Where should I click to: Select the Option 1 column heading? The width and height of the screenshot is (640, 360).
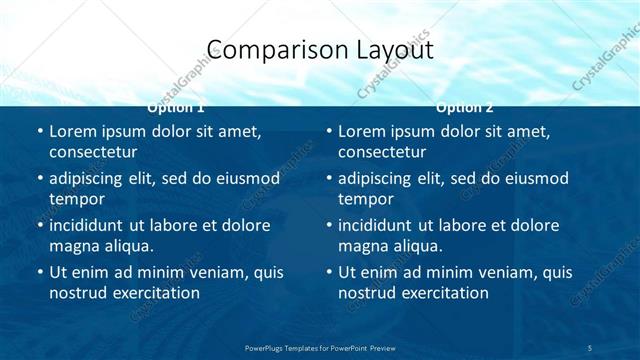[x=176, y=106]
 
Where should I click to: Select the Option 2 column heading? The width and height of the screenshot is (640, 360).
[x=465, y=106]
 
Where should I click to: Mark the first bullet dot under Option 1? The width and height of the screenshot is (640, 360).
[x=39, y=131]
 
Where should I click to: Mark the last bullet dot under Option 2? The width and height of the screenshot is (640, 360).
[x=328, y=272]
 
